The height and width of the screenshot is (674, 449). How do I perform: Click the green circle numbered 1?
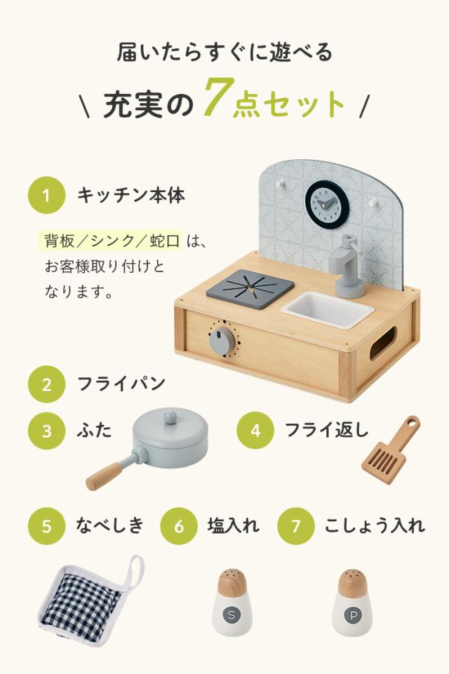(x=46, y=196)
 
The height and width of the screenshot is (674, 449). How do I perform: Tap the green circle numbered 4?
(x=255, y=430)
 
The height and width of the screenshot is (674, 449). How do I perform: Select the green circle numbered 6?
(x=179, y=526)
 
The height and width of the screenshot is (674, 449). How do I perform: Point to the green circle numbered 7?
(x=296, y=526)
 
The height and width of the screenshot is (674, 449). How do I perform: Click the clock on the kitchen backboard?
(x=327, y=202)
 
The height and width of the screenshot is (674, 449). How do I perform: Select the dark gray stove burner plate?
(x=250, y=288)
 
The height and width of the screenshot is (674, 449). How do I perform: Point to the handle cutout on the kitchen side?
(x=383, y=343)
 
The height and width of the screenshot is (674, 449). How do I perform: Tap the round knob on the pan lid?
(x=170, y=416)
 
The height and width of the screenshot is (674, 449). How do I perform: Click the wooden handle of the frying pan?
(x=105, y=476)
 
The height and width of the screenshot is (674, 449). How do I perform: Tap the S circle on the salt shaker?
(x=232, y=614)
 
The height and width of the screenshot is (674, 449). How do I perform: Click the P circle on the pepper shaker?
(x=353, y=616)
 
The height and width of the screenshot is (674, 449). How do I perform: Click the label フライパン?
(x=121, y=384)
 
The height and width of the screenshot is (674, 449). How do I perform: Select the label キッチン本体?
(x=130, y=196)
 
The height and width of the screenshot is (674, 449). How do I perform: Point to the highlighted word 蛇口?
(x=165, y=241)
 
